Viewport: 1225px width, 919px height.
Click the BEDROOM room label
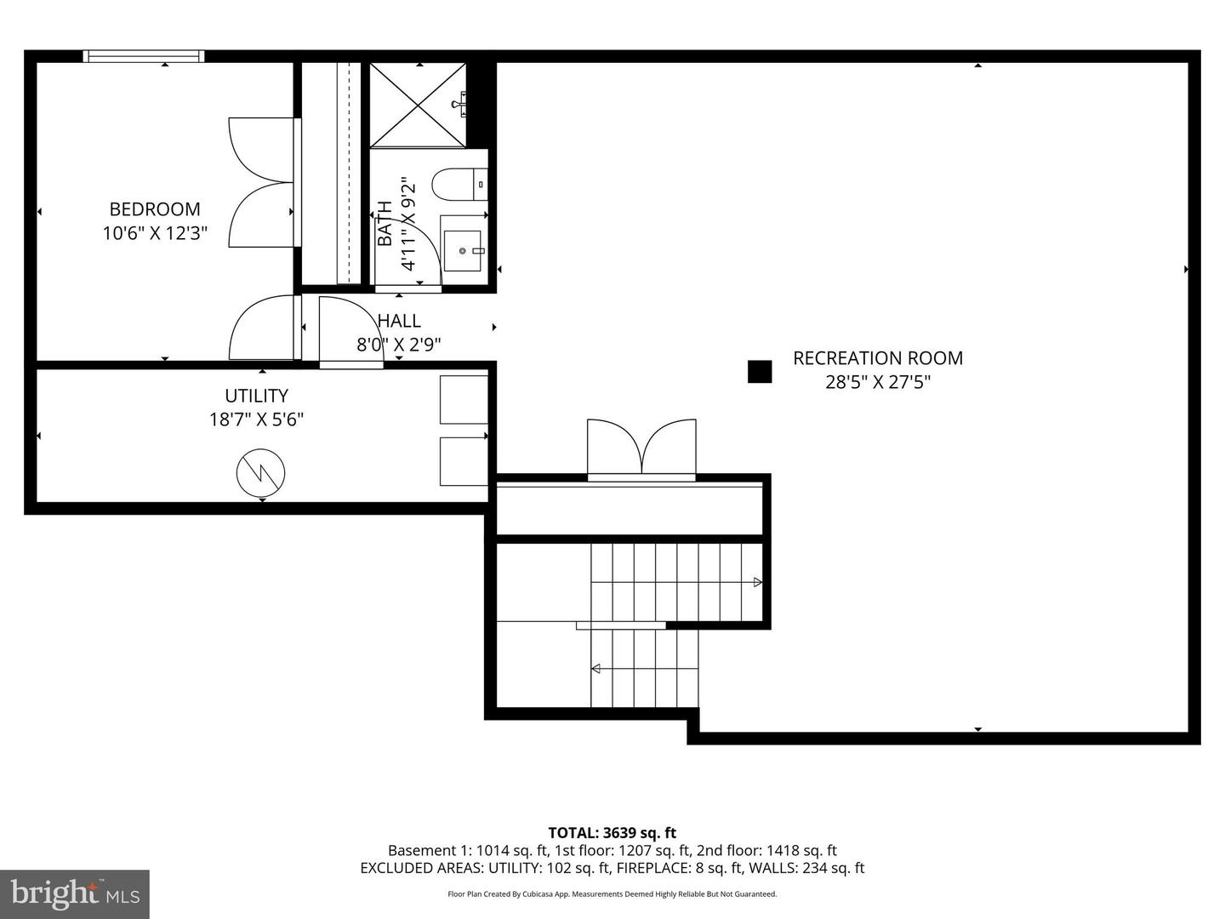point(155,208)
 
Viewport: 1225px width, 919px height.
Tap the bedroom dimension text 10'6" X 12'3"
point(155,233)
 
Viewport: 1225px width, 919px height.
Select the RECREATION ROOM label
point(878,358)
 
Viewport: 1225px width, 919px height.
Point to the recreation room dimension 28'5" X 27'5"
point(878,382)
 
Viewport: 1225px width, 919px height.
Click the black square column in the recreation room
point(760,372)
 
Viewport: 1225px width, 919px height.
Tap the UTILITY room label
point(256,396)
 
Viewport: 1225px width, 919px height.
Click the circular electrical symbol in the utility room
point(261,473)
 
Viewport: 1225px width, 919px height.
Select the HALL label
point(399,321)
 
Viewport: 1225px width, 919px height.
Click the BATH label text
point(385,223)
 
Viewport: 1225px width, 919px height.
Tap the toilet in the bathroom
point(458,184)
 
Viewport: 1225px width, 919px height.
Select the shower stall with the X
point(418,105)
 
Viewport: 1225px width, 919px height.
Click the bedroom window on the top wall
point(144,56)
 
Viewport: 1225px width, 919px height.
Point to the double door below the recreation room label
point(641,448)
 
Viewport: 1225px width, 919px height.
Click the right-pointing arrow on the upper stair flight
point(757,582)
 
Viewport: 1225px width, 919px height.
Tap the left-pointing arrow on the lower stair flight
point(596,669)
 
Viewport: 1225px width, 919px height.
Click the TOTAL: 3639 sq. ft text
point(612,833)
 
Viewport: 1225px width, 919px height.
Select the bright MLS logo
point(75,893)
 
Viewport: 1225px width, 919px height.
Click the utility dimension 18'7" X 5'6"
point(256,420)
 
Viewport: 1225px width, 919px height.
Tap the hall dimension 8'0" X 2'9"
point(398,345)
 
